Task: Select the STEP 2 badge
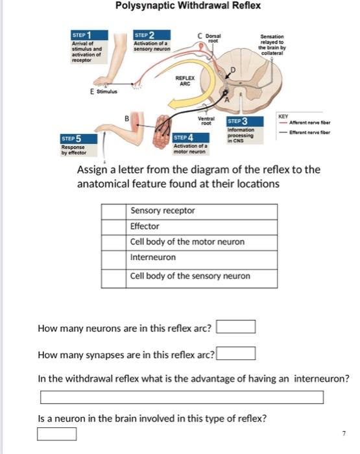144,35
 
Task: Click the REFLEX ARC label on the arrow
186,80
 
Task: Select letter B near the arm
128,117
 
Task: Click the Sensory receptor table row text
162,211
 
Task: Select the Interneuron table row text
153,257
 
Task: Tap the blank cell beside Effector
114,226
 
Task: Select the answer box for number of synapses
235,354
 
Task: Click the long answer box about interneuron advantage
182,397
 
